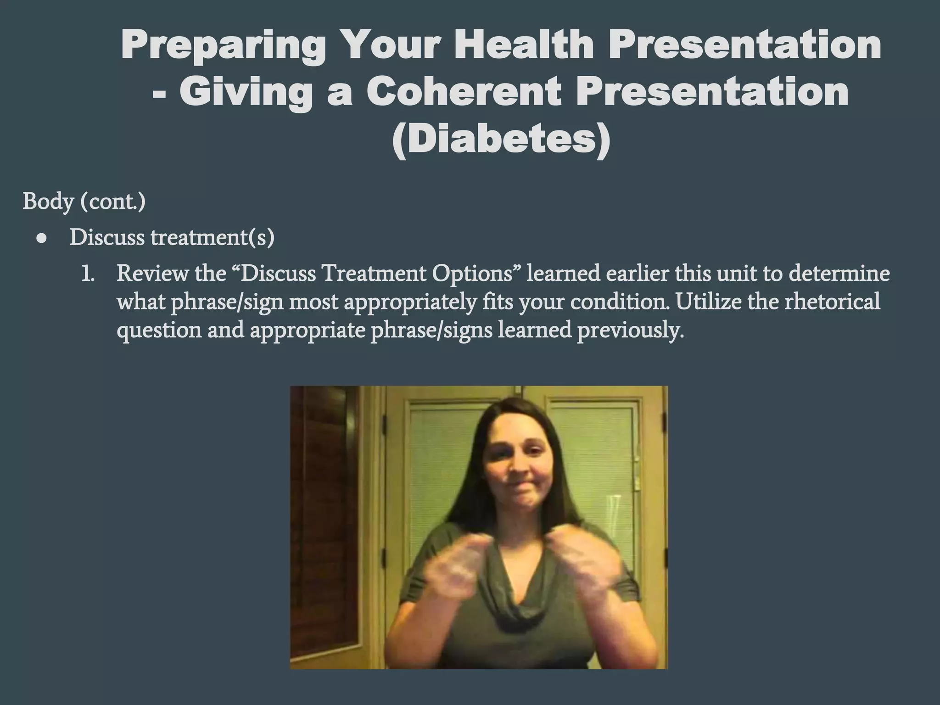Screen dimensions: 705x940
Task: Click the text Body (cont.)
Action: (84, 201)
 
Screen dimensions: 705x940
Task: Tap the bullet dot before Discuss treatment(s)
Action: (42, 239)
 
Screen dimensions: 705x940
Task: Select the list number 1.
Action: (87, 274)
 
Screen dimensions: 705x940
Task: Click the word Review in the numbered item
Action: (152, 274)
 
